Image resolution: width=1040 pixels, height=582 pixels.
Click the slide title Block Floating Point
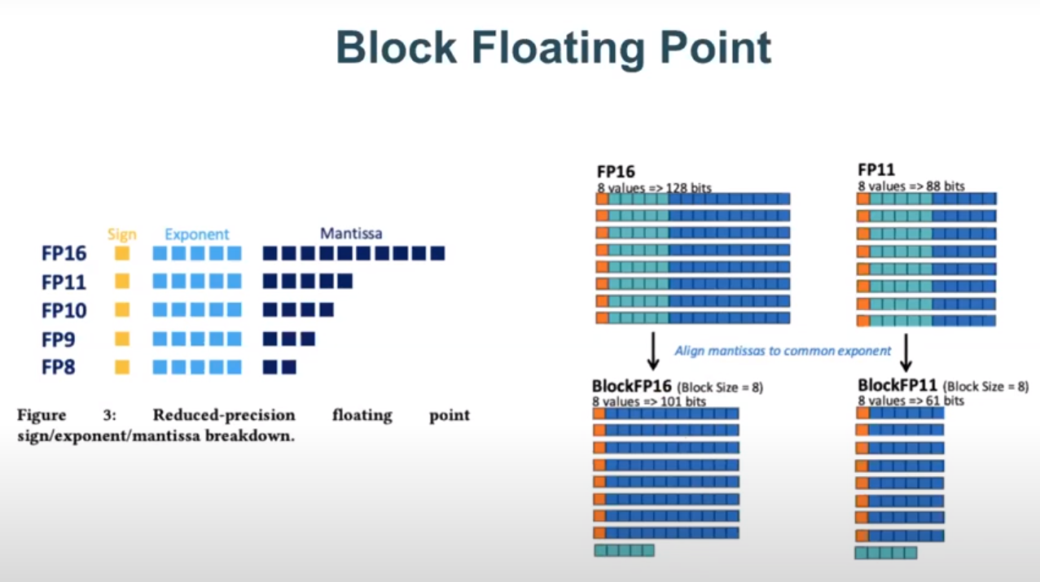[553, 47]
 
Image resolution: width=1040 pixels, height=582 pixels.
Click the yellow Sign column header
[122, 234]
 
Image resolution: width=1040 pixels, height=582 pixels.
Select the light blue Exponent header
[197, 234]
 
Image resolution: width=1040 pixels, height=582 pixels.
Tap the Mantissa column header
[351, 234]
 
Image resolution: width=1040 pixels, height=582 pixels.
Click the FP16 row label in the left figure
[64, 254]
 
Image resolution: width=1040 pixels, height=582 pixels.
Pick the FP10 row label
[64, 310]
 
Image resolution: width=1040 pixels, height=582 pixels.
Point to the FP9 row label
[59, 339]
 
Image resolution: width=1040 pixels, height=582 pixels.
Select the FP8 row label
[59, 367]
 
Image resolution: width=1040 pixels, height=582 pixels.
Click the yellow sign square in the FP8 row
[122, 367]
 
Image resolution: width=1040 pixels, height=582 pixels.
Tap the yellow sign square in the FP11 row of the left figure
[122, 282]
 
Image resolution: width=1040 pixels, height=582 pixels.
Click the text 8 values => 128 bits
[654, 188]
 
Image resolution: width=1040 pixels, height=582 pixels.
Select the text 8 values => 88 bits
[911, 186]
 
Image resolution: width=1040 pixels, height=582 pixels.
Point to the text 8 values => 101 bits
[650, 401]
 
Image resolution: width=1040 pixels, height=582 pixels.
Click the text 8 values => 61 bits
[911, 401]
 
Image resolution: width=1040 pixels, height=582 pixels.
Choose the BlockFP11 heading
[897, 385]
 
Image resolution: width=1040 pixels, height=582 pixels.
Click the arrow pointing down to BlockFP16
[652, 350]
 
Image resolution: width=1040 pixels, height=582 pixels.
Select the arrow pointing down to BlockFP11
[906, 352]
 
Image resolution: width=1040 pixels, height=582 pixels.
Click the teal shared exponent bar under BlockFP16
[624, 551]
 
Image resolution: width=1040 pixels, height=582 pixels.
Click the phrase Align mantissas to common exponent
[783, 351]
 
